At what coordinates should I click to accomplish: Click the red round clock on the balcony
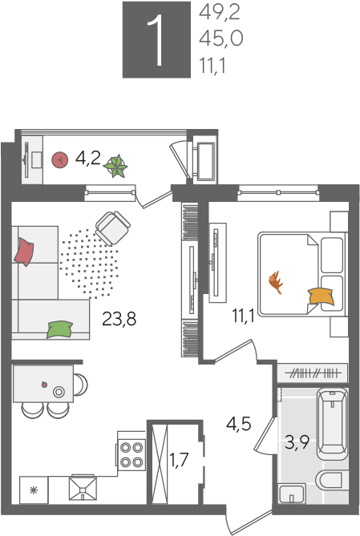point(59,159)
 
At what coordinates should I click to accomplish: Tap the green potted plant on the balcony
point(115,167)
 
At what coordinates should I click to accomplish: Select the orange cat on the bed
point(276,282)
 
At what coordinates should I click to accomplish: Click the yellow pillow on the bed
point(321,296)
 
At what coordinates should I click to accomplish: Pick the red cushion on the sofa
point(24,252)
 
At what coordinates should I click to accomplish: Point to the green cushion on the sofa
point(60,329)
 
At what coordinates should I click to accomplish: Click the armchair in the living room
point(113,228)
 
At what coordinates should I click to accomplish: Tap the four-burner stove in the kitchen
point(131,454)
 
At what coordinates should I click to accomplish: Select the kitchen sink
point(83,488)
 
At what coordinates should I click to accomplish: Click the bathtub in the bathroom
point(332,423)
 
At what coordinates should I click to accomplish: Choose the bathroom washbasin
point(292,494)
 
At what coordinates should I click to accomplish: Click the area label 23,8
point(119,319)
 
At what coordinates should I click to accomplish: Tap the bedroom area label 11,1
point(243,315)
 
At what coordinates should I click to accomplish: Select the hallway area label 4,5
point(238,424)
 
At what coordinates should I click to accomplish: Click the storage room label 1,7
point(179,459)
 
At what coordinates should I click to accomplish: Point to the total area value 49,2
point(220,13)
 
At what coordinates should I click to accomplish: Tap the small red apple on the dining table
point(44,385)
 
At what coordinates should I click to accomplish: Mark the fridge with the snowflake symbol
point(34,490)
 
